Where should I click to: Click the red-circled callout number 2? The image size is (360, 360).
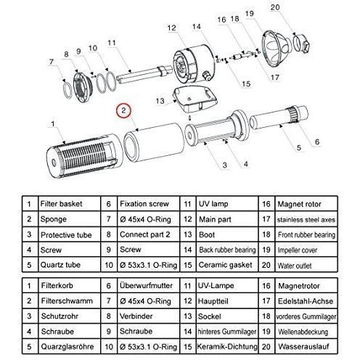(x=123, y=111)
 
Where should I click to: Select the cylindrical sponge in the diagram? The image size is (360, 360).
(x=154, y=143)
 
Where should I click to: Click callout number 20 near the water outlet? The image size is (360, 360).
(x=275, y=7)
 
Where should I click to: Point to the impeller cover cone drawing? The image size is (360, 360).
(x=276, y=49)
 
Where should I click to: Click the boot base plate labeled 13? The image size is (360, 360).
(x=194, y=99)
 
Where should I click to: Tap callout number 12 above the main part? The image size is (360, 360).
(x=171, y=28)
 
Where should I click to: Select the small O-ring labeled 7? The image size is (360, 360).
(x=67, y=89)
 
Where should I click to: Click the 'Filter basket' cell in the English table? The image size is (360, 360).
(x=69, y=204)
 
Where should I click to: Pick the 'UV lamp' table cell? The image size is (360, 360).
(x=227, y=204)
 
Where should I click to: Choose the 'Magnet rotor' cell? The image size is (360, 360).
(x=306, y=204)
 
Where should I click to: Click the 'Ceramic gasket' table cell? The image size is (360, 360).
(x=227, y=265)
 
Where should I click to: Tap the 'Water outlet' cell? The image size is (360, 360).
(x=306, y=265)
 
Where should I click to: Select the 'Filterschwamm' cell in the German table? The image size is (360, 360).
(x=69, y=300)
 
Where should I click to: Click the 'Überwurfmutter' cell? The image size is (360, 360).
(x=149, y=285)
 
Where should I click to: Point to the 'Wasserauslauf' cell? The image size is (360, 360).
(x=306, y=346)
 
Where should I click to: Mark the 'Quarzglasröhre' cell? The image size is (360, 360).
(x=69, y=346)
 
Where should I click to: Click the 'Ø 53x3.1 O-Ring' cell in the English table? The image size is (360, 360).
(x=149, y=265)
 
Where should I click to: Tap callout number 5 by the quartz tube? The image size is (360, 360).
(x=299, y=147)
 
